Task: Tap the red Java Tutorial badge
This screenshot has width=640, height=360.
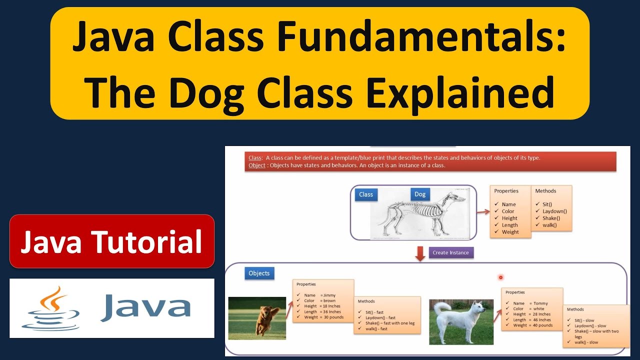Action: click(111, 241)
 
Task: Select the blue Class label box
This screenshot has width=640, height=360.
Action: click(366, 194)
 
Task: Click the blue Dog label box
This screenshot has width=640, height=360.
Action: click(420, 194)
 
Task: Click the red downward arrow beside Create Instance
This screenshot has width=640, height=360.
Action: click(420, 253)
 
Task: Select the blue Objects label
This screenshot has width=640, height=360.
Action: click(259, 273)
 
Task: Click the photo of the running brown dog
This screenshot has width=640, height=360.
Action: click(257, 318)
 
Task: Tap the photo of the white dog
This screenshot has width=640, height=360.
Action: click(461, 321)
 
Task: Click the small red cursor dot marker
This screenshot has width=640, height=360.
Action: click(500, 277)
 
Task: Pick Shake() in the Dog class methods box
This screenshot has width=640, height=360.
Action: click(551, 218)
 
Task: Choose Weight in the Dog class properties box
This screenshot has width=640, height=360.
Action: click(510, 232)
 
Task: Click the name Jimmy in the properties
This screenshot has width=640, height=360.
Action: click(329, 295)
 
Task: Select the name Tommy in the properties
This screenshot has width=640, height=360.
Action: click(540, 303)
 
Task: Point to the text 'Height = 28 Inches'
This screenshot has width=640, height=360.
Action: click(532, 314)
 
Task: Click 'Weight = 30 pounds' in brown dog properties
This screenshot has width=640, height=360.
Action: click(323, 317)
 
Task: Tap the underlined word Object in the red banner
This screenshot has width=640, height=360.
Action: click(257, 165)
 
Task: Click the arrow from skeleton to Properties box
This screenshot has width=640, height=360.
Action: click(482, 212)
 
